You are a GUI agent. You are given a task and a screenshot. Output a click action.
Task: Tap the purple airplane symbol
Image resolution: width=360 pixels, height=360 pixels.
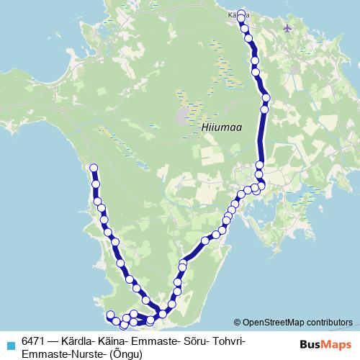tap(289, 28)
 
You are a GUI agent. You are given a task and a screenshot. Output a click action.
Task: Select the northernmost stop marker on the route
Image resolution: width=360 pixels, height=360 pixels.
tap(240, 12)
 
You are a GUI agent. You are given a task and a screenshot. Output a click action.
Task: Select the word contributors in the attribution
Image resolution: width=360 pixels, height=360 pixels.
tap(328, 323)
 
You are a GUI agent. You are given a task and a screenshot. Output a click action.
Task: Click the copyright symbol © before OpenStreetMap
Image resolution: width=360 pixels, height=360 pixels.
tap(238, 323)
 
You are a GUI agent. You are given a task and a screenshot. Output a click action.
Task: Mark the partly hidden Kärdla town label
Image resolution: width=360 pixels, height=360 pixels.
tap(233, 14)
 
